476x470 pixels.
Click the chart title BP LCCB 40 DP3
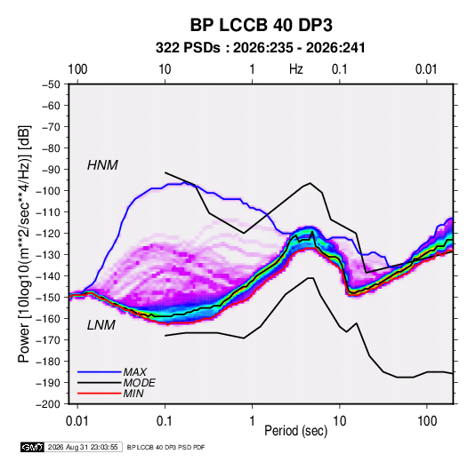pos(261,25)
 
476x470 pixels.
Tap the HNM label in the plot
pos(102,165)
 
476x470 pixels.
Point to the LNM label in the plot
pos(101,325)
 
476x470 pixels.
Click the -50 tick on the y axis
pos(51,84)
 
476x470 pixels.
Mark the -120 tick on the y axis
pos(49,234)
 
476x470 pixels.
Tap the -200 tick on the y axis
pos(49,404)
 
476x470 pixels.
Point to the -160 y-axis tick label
pos(49,319)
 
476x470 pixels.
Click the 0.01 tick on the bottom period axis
pos(77,421)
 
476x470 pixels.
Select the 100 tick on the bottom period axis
pos(427,421)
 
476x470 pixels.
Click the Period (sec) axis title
pos(296,431)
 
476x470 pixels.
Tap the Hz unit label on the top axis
pos(296,69)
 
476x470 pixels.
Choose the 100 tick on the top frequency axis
pos(77,69)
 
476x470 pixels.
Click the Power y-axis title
pos(25,244)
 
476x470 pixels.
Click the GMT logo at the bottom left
pos(32,447)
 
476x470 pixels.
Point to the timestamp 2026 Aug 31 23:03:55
pos(83,447)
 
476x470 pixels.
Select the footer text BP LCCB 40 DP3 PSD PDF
pos(165,447)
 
